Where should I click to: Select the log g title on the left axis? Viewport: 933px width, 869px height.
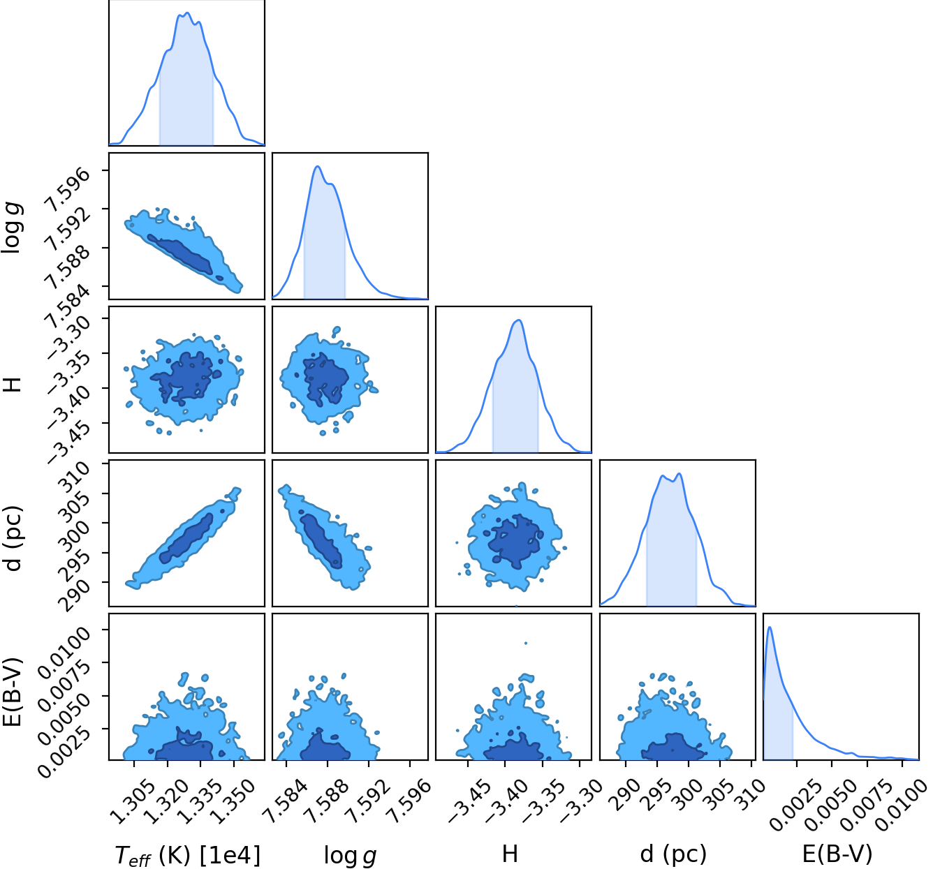pyautogui.click(x=12, y=228)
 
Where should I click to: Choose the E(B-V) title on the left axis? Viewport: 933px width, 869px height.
pyautogui.click(x=12, y=692)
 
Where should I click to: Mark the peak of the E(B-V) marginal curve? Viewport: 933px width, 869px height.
pyautogui.click(x=770, y=627)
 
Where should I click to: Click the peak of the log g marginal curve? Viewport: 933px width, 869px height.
pyautogui.click(x=318, y=166)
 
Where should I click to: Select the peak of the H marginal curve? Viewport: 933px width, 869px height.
pyautogui.click(x=518, y=320)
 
